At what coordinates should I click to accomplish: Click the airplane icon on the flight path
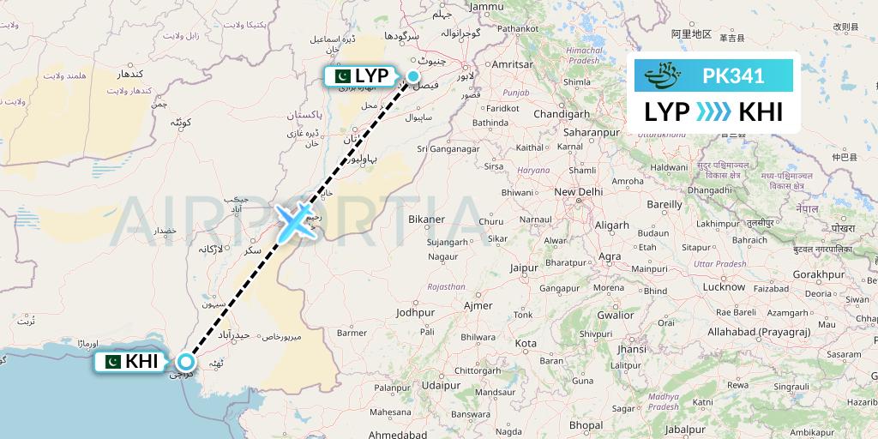click(295, 221)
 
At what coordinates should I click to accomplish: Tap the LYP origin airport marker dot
click(413, 76)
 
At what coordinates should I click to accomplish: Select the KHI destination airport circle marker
click(186, 362)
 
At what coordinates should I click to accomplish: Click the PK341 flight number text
click(733, 76)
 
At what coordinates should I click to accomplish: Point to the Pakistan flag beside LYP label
click(340, 76)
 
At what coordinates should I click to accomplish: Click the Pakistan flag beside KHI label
click(111, 362)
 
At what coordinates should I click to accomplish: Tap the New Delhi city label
click(579, 192)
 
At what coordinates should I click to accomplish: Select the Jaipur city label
click(523, 268)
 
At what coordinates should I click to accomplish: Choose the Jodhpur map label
click(416, 313)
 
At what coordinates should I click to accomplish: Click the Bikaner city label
click(426, 219)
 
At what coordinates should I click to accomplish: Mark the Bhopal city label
click(586, 424)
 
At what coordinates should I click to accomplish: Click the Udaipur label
click(442, 386)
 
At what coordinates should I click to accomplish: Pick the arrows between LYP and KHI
click(713, 112)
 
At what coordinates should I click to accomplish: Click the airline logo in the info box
click(671, 76)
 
